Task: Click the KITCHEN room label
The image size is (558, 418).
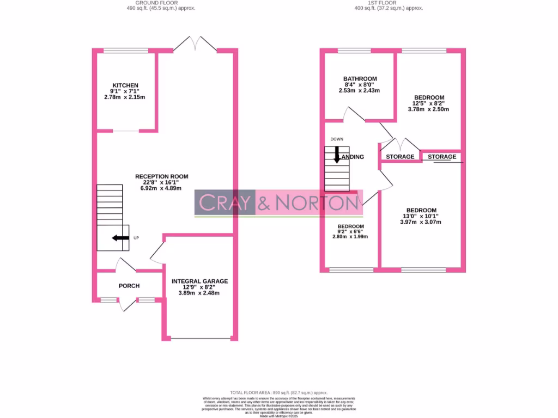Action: click(125, 85)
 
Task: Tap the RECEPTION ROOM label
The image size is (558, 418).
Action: click(162, 176)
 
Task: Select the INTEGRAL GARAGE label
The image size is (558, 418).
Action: click(199, 281)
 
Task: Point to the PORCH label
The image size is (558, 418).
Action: click(129, 286)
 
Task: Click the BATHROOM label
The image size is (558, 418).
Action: click(360, 79)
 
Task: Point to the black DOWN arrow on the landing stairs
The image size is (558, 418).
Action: click(337, 155)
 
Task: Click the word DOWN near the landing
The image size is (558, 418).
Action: click(337, 139)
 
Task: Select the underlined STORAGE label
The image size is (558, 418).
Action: click(442, 157)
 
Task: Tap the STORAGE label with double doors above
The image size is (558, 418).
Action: click(400, 157)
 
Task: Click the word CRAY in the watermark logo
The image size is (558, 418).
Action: click(225, 203)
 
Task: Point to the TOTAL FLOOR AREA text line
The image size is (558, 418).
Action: click(278, 392)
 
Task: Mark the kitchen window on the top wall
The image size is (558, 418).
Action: click(125, 51)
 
